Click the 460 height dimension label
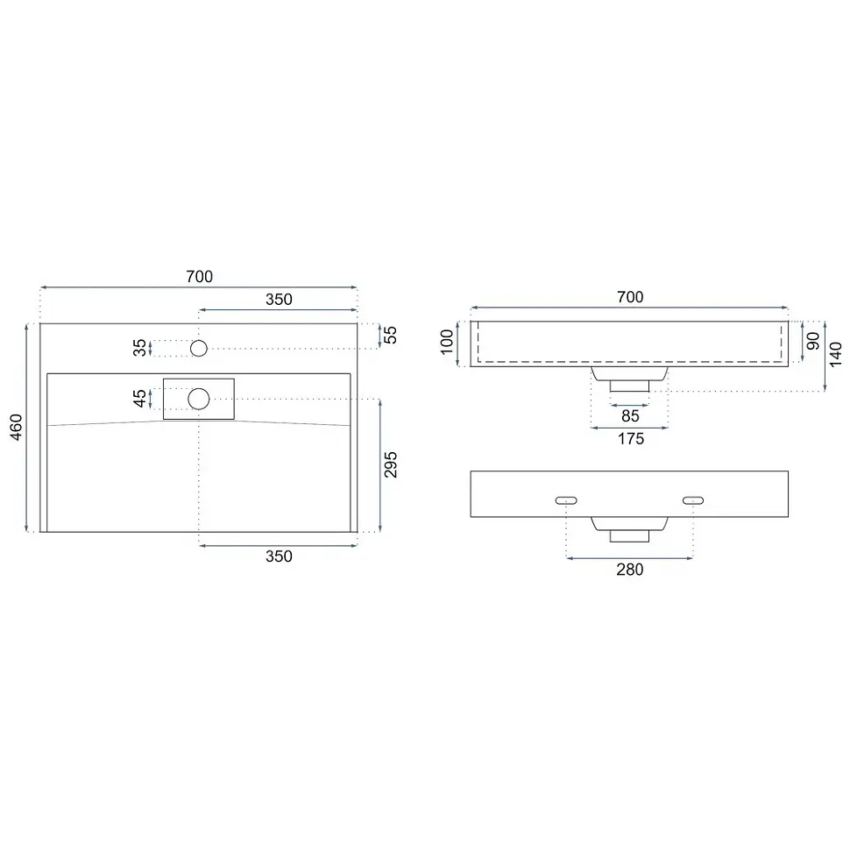17,427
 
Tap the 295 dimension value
390,464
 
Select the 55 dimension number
390,335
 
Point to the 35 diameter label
139,348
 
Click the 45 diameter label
139,399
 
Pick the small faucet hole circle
199,348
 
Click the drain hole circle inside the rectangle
199,399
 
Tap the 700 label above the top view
200,276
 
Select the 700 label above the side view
630,297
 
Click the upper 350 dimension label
279,299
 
